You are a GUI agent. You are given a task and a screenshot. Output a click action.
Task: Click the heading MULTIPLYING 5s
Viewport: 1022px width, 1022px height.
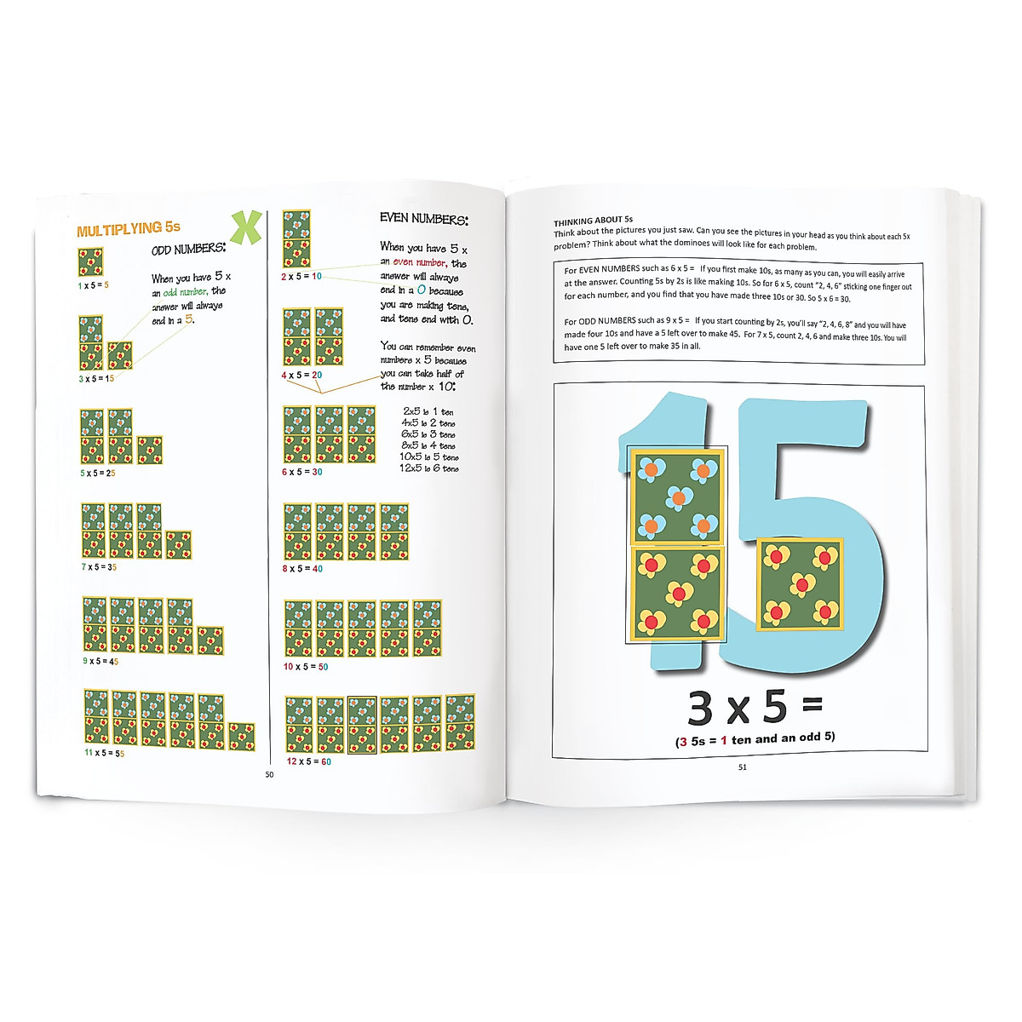129,229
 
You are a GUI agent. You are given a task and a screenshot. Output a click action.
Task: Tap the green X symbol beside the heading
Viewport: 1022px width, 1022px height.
245,226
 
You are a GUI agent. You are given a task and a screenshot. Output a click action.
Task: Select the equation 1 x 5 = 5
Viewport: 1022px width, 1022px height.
94,285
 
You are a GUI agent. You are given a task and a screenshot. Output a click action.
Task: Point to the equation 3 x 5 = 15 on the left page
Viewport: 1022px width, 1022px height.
97,378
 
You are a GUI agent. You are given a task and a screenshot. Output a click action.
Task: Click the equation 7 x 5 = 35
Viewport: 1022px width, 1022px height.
99,567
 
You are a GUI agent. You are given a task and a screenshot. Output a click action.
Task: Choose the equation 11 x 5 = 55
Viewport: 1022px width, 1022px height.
104,753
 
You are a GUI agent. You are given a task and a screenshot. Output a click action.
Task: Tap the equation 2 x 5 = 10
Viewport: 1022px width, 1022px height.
301,276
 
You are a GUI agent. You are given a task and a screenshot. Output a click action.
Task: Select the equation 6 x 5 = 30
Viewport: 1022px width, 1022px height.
302,472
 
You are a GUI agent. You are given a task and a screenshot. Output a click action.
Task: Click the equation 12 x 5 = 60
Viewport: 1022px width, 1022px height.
308,761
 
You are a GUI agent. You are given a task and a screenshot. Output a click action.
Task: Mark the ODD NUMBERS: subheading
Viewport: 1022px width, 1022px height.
188,250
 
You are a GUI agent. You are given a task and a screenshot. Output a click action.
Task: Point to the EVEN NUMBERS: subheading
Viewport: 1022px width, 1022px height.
423,219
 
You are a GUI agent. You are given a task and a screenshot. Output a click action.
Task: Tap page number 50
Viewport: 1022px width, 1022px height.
269,774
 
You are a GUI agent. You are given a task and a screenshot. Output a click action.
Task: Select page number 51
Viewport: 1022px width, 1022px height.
742,766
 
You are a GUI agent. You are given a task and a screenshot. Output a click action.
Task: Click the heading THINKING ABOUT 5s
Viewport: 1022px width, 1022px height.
593,221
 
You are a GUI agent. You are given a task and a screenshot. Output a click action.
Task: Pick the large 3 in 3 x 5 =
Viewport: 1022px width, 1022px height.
700,709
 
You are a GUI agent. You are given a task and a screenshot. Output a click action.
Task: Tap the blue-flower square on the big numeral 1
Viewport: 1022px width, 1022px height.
677,496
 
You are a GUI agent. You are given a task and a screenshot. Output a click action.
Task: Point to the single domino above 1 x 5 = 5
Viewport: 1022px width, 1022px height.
90,262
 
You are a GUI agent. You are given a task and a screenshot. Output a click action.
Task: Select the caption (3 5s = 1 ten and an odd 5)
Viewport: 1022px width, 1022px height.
755,739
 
